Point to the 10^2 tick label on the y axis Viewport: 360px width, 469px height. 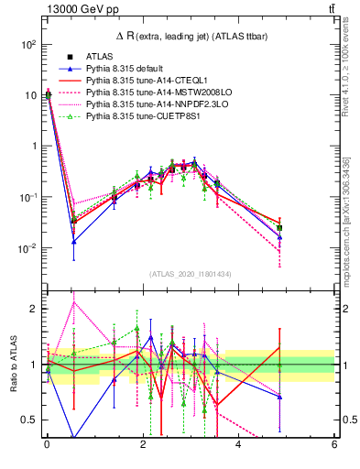coord(27,44)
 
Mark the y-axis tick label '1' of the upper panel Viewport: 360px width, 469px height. coord(34,147)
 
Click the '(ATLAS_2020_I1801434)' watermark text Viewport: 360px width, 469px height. coord(190,275)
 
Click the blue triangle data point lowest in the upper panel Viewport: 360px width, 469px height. coord(73,242)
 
